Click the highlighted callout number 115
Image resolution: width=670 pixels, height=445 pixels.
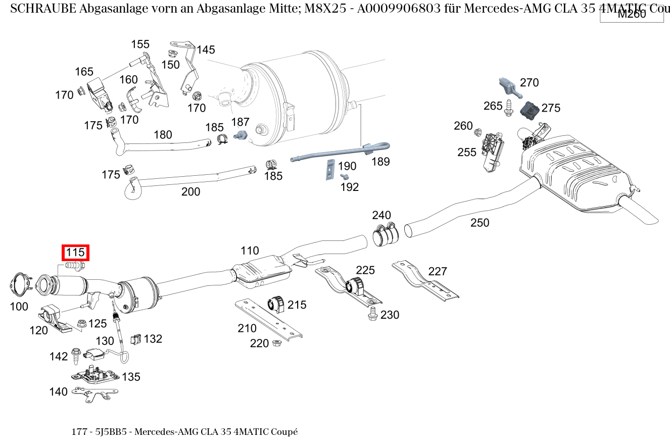(x=75, y=253)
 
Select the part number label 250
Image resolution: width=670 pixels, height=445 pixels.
(x=480, y=223)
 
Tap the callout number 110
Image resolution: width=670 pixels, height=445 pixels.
(x=250, y=251)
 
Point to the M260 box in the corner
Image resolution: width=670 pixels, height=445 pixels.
(x=632, y=14)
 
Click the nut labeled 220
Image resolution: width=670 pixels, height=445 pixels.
(x=276, y=343)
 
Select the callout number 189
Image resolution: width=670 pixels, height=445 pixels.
(x=380, y=162)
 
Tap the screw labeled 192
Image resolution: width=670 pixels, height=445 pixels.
(x=345, y=177)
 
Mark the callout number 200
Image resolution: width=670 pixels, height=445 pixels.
(x=190, y=192)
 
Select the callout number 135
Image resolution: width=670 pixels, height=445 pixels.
(x=131, y=377)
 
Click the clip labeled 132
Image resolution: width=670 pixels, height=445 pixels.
(x=135, y=340)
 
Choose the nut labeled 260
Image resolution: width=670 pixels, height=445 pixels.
(x=477, y=132)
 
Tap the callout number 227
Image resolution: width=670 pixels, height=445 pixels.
(x=438, y=271)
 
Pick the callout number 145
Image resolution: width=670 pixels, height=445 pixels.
(x=206, y=50)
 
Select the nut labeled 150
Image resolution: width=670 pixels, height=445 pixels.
(x=171, y=53)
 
